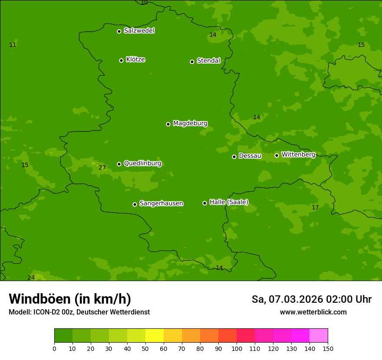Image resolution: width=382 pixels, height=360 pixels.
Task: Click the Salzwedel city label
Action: pyautogui.click(x=139, y=31)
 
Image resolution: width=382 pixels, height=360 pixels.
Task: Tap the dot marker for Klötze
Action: pyautogui.click(x=121, y=60)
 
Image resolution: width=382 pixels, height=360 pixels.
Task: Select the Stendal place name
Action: pyautogui.click(x=209, y=61)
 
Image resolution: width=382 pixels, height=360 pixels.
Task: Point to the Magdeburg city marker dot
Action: pyautogui.click(x=168, y=124)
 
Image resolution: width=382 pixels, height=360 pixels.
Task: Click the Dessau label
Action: pyautogui.click(x=250, y=156)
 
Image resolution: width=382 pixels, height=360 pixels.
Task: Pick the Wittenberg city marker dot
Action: pyautogui.click(x=277, y=155)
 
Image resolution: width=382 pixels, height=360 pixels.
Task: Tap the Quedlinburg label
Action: pyautogui.click(x=142, y=164)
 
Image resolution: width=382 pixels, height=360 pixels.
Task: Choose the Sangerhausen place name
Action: pyautogui.click(x=161, y=203)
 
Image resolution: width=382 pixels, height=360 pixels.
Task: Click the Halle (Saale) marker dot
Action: pyautogui.click(x=204, y=203)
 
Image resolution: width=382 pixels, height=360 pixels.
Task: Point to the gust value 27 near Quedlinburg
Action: pyautogui.click(x=102, y=168)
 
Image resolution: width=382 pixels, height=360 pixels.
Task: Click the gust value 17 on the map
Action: pyautogui.click(x=315, y=208)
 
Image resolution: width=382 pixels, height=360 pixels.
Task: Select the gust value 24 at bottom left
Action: pyautogui.click(x=31, y=278)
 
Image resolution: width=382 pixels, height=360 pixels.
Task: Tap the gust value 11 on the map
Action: pyautogui.click(x=13, y=45)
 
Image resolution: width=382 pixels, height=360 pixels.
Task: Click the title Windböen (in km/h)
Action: pyautogui.click(x=70, y=299)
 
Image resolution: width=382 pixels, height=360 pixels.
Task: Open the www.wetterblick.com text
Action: pyautogui.click(x=313, y=312)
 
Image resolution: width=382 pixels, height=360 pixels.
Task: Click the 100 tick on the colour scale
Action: pyautogui.click(x=237, y=348)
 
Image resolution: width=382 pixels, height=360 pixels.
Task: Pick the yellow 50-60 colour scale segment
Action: pyautogui.click(x=155, y=336)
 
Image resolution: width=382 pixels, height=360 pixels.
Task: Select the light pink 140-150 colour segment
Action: pyautogui.click(x=319, y=336)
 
